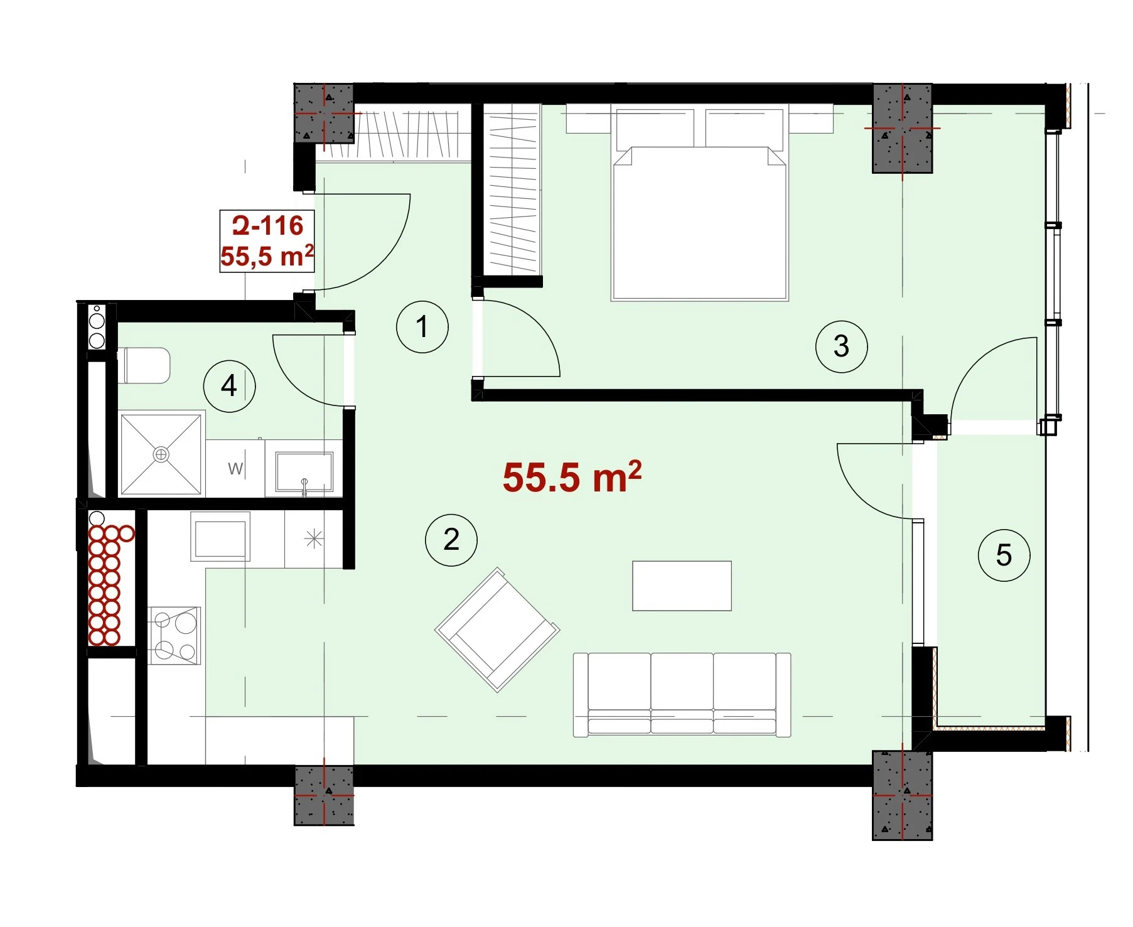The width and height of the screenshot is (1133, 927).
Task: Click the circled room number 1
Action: point(422,327)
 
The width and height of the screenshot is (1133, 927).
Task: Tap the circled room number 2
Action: point(451,540)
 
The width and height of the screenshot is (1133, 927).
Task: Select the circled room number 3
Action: point(842,346)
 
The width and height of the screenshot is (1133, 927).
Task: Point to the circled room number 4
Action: point(230,385)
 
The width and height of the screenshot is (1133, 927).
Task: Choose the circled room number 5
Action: point(1004,555)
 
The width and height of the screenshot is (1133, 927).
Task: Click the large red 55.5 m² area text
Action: point(572,477)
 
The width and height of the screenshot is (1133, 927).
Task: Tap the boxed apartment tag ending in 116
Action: point(267,241)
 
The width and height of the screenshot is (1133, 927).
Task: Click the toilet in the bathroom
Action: point(144,365)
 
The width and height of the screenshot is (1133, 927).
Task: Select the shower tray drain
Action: point(161,454)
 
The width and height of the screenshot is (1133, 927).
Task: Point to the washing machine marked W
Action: point(235,468)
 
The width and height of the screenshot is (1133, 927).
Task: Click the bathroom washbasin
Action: point(304,472)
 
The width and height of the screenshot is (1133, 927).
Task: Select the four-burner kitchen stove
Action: point(175,635)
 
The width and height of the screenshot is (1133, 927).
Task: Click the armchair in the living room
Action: point(497,630)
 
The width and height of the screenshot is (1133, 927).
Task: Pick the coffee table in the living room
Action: point(682,586)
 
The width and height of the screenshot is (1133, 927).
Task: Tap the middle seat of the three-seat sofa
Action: point(682,693)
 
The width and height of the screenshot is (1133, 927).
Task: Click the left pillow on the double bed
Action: point(655,128)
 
